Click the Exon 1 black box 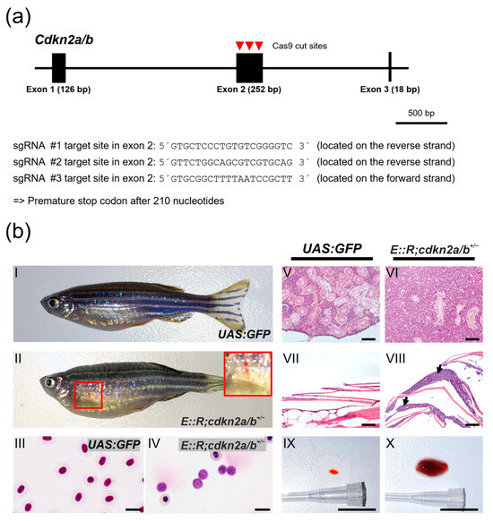coord(58,68)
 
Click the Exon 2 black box coord(249,68)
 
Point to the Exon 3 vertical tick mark coord(389,68)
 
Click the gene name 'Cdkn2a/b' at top coord(59,39)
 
